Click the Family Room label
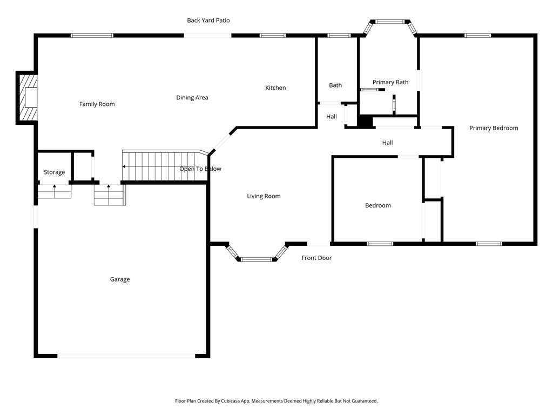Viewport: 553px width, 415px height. pyautogui.click(x=97, y=104)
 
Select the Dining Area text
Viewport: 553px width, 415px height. pyautogui.click(x=192, y=98)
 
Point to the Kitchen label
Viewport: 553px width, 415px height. pyautogui.click(x=275, y=88)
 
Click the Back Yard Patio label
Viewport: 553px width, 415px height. pyautogui.click(x=208, y=21)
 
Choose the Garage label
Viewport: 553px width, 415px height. pyautogui.click(x=120, y=279)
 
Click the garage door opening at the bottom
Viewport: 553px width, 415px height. pyautogui.click(x=126, y=356)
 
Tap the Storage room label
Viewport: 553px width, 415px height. pyautogui.click(x=55, y=172)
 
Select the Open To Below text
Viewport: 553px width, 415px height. pyautogui.click(x=200, y=169)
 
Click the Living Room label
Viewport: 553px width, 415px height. pyautogui.click(x=264, y=196)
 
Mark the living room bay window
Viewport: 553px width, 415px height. pyautogui.click(x=255, y=258)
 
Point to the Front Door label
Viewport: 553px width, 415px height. pyautogui.click(x=316, y=258)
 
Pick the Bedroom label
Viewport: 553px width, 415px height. pyautogui.click(x=378, y=205)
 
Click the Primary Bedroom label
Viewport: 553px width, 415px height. pyautogui.click(x=494, y=128)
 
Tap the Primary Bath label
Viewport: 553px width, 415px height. pyautogui.click(x=390, y=82)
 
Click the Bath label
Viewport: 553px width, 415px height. pyautogui.click(x=335, y=85)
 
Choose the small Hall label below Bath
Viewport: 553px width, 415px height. pyautogui.click(x=332, y=117)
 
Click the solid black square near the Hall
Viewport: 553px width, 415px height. pyautogui.click(x=366, y=122)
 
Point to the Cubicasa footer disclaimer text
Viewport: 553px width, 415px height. pyautogui.click(x=276, y=401)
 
